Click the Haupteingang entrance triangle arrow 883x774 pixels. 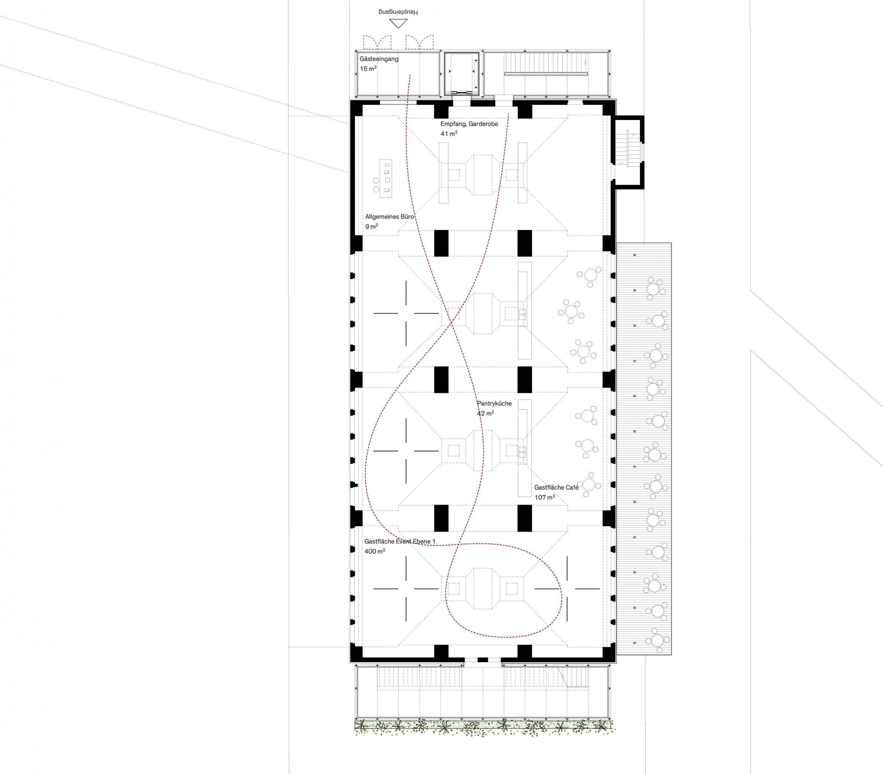click(x=398, y=24)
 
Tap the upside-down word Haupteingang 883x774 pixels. click(x=398, y=12)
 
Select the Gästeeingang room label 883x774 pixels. click(x=379, y=59)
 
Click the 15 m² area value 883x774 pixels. click(x=368, y=68)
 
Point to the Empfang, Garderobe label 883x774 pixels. click(x=469, y=124)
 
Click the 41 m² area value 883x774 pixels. click(x=449, y=133)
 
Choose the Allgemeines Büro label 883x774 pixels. click(x=389, y=216)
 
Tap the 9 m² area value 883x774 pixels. click(x=372, y=226)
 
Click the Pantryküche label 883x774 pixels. click(x=494, y=403)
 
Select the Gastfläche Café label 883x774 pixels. click(x=556, y=487)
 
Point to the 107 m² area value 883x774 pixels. click(x=545, y=497)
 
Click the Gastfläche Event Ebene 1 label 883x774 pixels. click(x=400, y=541)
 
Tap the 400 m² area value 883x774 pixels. click(x=375, y=551)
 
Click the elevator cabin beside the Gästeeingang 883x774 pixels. click(x=462, y=74)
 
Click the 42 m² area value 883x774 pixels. click(x=485, y=413)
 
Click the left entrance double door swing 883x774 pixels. click(x=377, y=42)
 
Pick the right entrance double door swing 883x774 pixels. click(x=419, y=42)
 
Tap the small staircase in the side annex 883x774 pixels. click(x=627, y=149)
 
